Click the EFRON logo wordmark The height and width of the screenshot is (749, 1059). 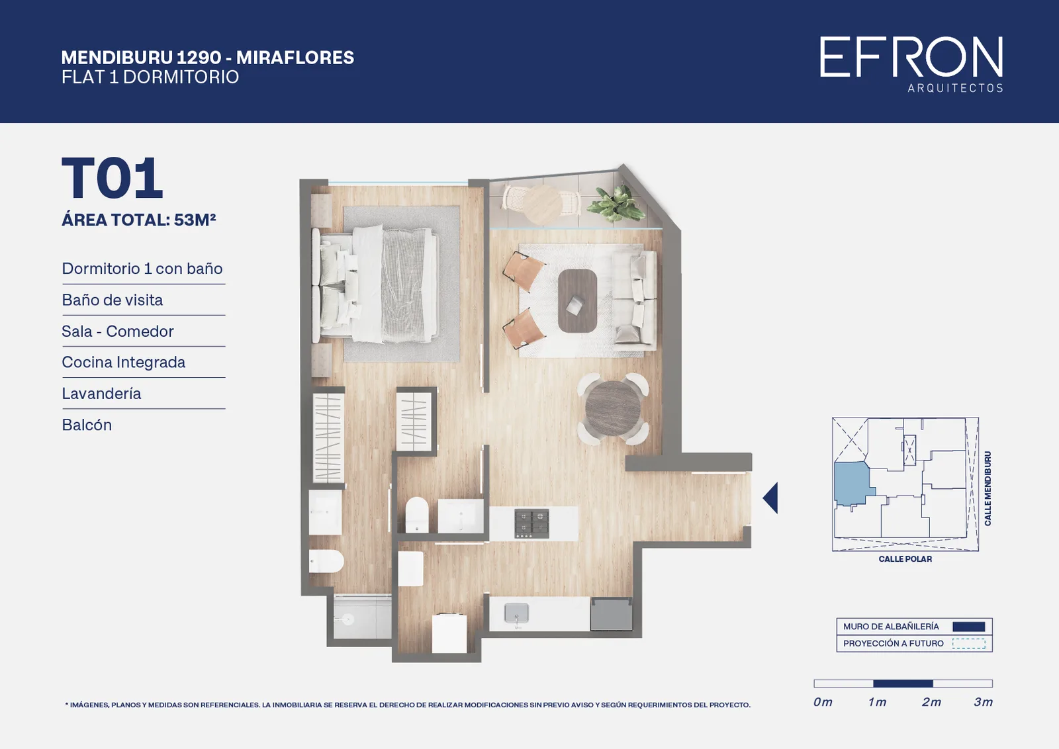pyautogui.click(x=911, y=57)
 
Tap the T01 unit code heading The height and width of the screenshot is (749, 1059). pyautogui.click(x=113, y=178)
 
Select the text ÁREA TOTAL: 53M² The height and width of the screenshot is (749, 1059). pyautogui.click(x=138, y=220)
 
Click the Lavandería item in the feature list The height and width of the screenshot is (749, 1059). pyautogui.click(x=101, y=393)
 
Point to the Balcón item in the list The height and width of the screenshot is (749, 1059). pyautogui.click(x=87, y=425)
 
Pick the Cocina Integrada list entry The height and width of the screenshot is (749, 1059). pyautogui.click(x=123, y=362)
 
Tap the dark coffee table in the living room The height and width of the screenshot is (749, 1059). pyautogui.click(x=577, y=301)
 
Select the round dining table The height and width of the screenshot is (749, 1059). pyautogui.click(x=613, y=409)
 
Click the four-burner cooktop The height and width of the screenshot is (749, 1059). pyautogui.click(x=532, y=523)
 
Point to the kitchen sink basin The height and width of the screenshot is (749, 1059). pyautogui.click(x=516, y=613)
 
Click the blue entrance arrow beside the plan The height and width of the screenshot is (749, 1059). pyautogui.click(x=770, y=498)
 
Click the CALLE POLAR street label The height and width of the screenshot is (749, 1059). pyautogui.click(x=905, y=559)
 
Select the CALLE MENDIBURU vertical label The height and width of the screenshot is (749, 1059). pyautogui.click(x=988, y=488)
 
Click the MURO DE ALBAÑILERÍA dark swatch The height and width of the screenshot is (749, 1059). pyautogui.click(x=969, y=627)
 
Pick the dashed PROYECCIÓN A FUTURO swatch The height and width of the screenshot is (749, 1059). pyautogui.click(x=969, y=644)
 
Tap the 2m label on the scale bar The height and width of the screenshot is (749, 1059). pyautogui.click(x=931, y=702)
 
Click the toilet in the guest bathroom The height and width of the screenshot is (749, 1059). pyautogui.click(x=417, y=513)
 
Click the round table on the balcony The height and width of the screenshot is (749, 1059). pyautogui.click(x=542, y=204)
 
